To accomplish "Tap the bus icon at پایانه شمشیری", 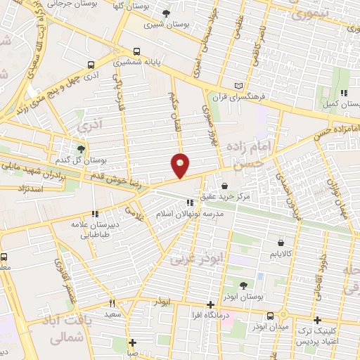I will [136, 51].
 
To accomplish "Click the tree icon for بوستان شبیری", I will [166, 13].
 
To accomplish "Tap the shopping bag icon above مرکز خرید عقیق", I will [224, 186].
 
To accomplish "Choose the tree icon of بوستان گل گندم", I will [82, 149].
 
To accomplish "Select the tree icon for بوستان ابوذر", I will [243, 285].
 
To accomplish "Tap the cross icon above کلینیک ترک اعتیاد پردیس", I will [317, 320].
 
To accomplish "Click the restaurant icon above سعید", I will [111, 304].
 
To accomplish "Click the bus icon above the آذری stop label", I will [91, 65].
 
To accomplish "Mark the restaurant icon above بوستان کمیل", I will [343, 93].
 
